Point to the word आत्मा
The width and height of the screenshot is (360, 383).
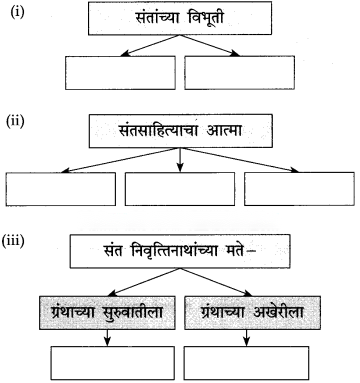click(x=224, y=131)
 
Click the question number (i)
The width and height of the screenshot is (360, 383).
click(x=17, y=12)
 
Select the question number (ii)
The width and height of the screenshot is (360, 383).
click(x=15, y=121)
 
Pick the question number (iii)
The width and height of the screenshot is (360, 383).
click(x=13, y=242)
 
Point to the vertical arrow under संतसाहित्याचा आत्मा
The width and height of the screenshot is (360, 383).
click(x=180, y=160)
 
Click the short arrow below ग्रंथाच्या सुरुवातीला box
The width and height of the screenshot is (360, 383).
click(x=107, y=338)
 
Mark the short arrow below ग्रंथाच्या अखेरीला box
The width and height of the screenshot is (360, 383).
click(x=246, y=338)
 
